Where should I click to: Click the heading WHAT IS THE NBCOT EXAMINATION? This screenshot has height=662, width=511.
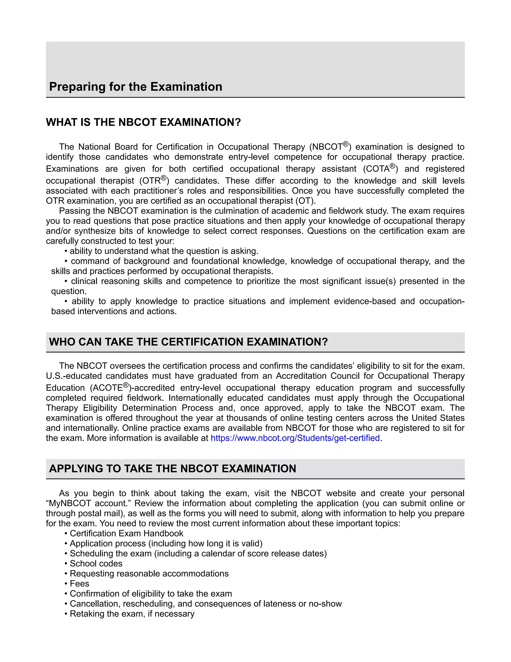coord(143,122)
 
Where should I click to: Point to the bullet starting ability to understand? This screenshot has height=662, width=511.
coord(163,251)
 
